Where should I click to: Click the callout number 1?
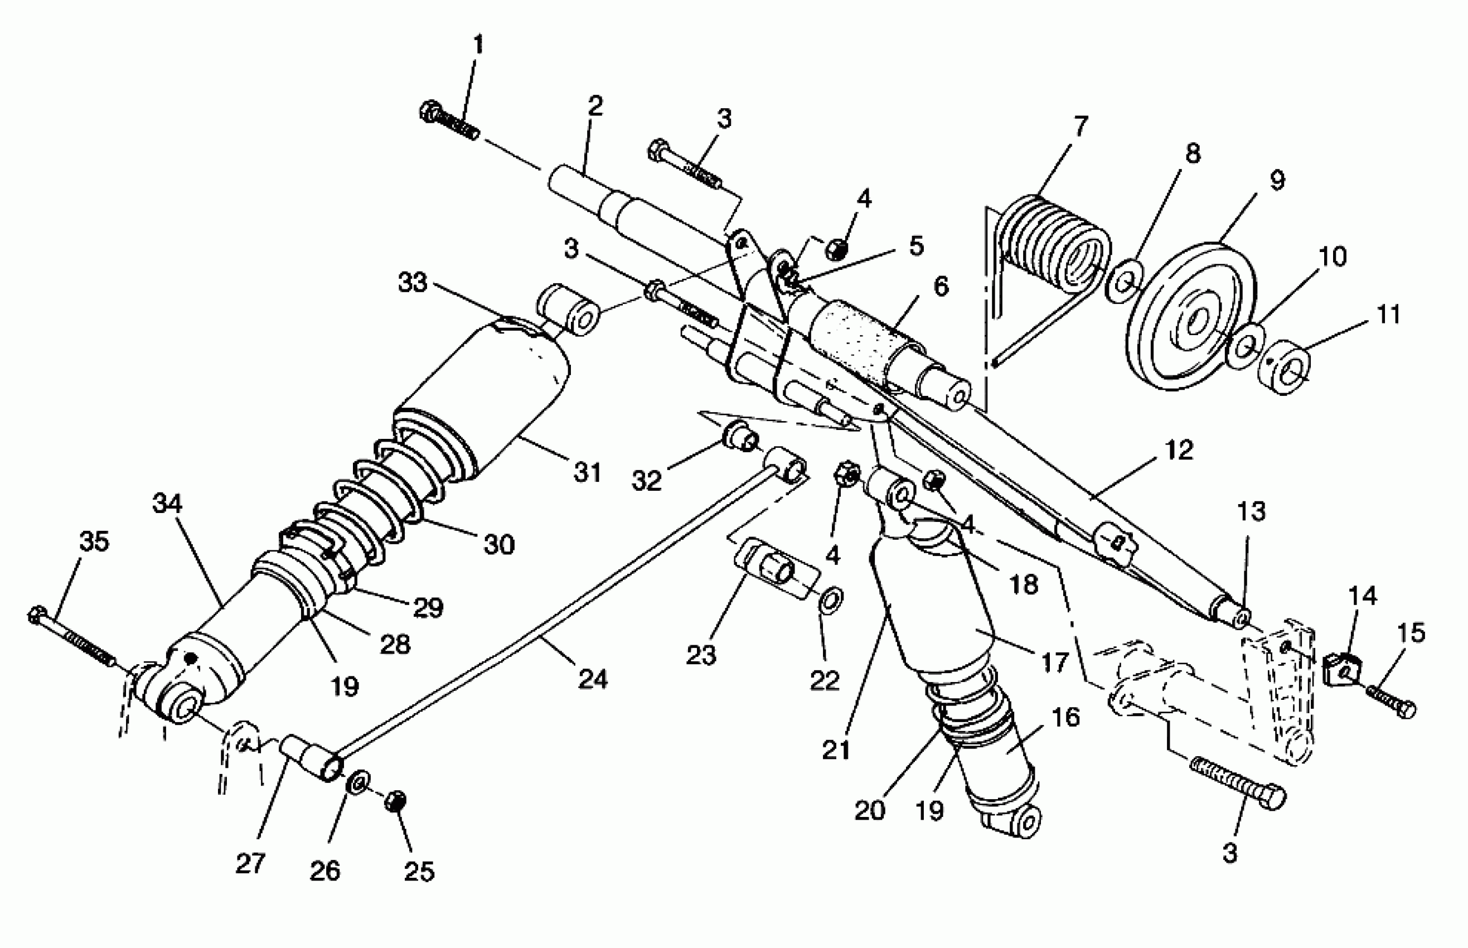point(478,45)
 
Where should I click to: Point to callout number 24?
point(593,679)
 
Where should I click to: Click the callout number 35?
point(94,541)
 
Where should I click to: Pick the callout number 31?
point(587,472)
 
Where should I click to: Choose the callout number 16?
point(1066,717)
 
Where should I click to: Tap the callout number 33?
point(413,283)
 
